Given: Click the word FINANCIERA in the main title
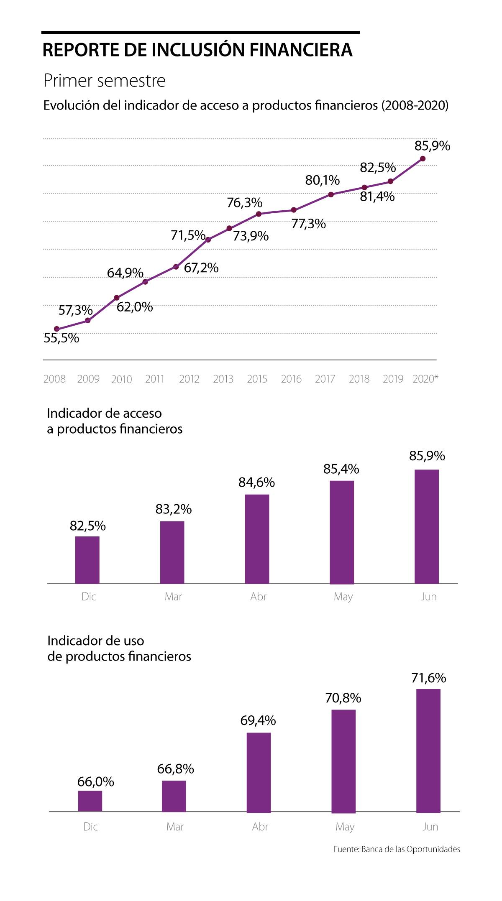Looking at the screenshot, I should coord(301,50).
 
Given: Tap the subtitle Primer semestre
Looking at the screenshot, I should coord(105,81).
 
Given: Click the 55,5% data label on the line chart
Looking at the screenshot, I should coord(61,338).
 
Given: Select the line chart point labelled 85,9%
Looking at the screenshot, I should coord(423,159).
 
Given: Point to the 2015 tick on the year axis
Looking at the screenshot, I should coord(257,379).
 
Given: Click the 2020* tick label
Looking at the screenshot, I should coord(425,379).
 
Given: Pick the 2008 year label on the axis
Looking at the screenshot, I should coord(54,379).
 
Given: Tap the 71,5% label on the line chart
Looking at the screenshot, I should coord(188,235).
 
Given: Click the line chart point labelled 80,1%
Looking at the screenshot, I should coord(331,194).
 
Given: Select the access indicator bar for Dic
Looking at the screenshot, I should coord(87,560).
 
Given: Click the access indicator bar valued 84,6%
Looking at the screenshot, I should coord(257,539).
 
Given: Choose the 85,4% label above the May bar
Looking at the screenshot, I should coord(341,469).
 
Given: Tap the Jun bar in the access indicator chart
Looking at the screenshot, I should coord(427,526).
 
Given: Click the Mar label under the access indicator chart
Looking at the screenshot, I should coord(173,597).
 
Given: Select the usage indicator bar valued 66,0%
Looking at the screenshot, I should coord(90,801).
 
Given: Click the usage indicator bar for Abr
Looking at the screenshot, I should coord(259,772).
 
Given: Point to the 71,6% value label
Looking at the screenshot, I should coord(429,678).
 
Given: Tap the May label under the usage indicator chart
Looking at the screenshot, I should coord(345,827).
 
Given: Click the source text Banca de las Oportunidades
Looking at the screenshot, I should coord(410,849).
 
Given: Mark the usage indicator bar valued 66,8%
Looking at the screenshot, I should coord(174,796).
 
